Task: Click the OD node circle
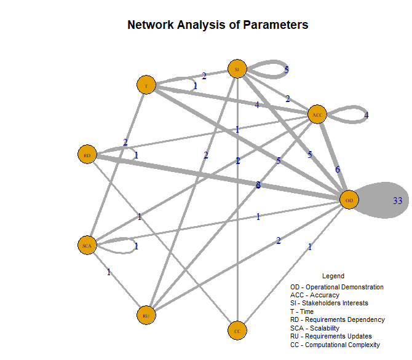tap(349, 200)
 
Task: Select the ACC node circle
tap(317, 115)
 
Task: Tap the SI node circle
tap(237, 69)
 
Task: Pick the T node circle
tap(146, 85)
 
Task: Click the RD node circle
tap(87, 155)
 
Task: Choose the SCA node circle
tap(87, 246)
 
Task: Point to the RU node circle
tap(146, 315)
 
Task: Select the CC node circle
tap(237, 331)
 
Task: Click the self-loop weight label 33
tap(397, 201)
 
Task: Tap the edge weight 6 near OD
tap(337, 170)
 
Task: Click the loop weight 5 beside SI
tap(287, 70)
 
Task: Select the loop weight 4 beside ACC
tap(366, 115)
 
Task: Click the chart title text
tap(218, 25)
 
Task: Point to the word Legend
tap(333, 276)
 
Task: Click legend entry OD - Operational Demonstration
tap(337, 287)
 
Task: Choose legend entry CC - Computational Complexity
tap(335, 345)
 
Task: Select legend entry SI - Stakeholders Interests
tap(329, 303)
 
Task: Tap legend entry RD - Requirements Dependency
tap(338, 320)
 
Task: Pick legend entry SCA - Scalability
tap(315, 328)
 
